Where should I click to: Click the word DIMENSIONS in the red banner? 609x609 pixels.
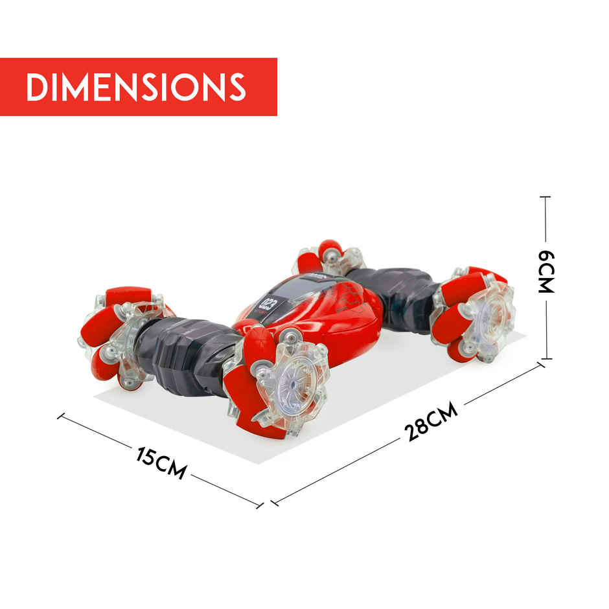click(136, 87)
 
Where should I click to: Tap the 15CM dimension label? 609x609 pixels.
click(161, 463)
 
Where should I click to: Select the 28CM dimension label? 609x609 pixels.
click(431, 421)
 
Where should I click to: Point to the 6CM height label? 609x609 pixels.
click(546, 271)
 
